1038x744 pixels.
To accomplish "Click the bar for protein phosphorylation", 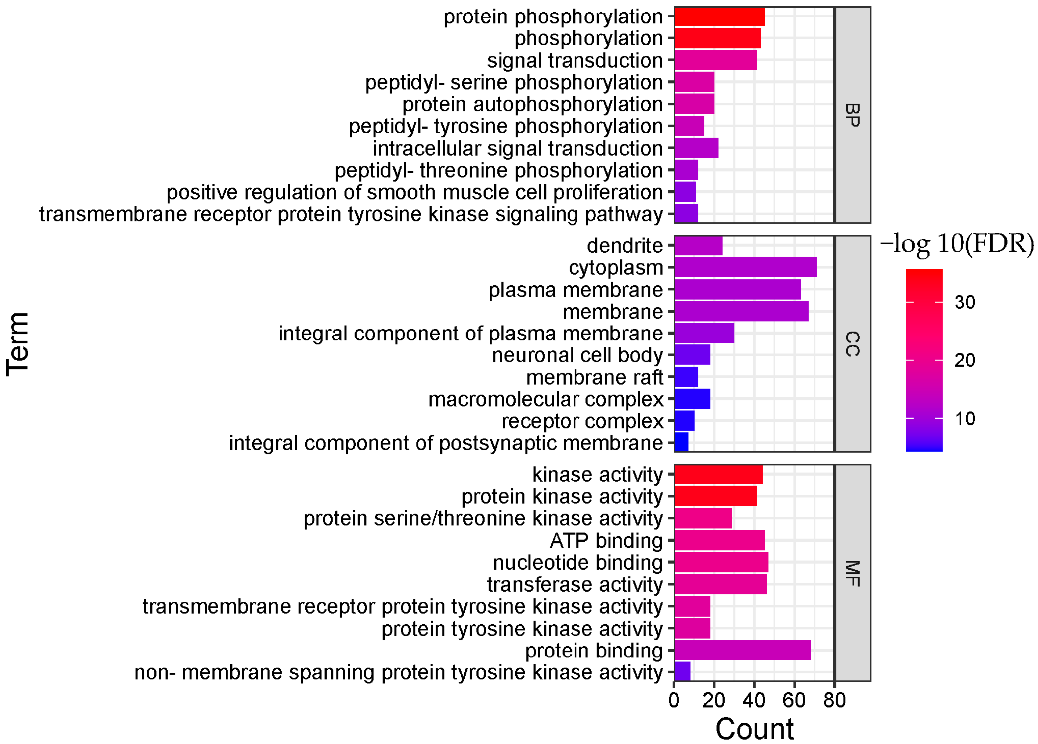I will click(719, 17).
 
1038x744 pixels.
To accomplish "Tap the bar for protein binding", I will click(742, 650).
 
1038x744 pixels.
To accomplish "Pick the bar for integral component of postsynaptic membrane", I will click(681, 442).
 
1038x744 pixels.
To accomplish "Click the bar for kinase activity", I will click(718, 475).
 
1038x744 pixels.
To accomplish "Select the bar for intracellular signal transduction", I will click(696, 148).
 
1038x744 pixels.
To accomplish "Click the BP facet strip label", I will click(852, 115).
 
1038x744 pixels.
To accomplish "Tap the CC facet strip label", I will click(852, 344).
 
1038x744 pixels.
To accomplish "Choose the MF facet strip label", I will click(852, 573).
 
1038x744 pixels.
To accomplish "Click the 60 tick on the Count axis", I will click(794, 700).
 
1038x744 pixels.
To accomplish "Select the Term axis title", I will click(18, 344).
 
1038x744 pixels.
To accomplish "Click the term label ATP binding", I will click(606, 540).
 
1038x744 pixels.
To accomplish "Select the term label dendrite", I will click(624, 246).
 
